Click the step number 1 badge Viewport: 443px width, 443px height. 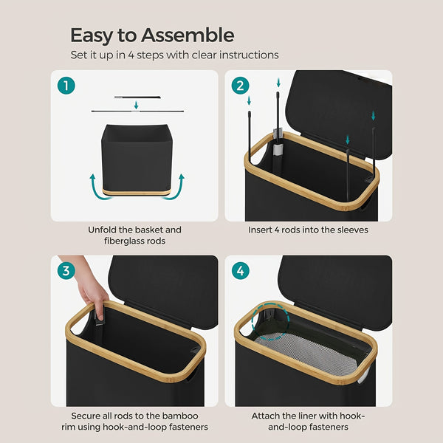pos(66,86)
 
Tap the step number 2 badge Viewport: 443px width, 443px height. pos(240,86)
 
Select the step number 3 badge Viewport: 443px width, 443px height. pos(66,271)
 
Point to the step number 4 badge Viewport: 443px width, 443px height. pos(240,271)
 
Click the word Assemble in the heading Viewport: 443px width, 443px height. pos(188,35)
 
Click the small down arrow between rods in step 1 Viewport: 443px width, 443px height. pos(136,105)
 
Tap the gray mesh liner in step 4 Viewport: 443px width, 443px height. pos(307,351)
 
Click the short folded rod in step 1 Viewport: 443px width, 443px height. pos(137,97)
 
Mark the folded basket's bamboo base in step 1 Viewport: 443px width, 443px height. pos(137,192)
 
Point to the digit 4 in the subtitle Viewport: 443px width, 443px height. pos(131,55)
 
